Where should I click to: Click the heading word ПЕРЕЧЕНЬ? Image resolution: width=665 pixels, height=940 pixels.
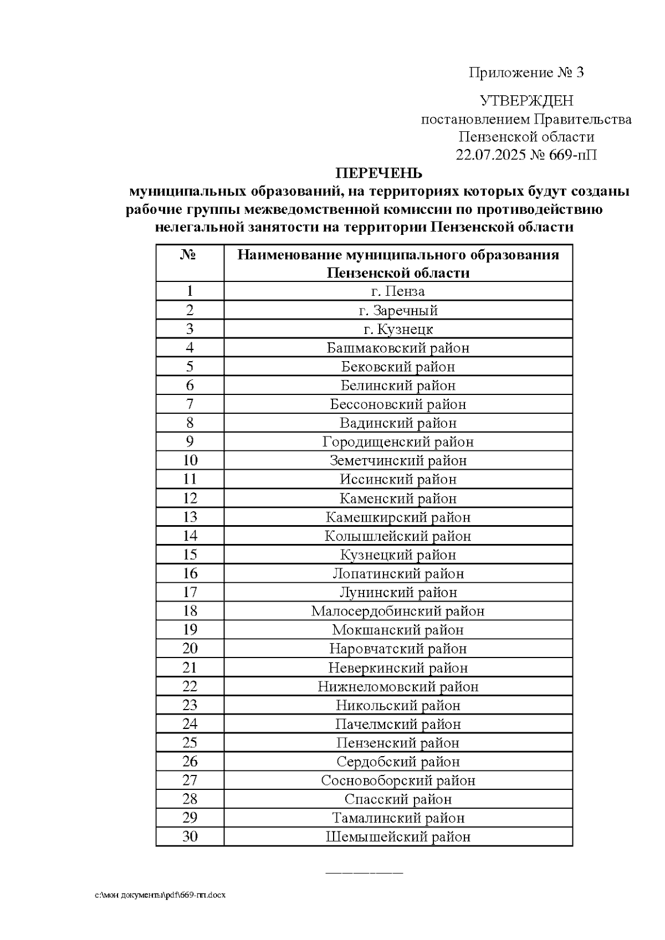click(380, 173)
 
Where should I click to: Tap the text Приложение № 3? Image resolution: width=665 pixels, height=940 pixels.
click(526, 73)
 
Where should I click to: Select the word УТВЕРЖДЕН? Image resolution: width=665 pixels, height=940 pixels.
click(526, 101)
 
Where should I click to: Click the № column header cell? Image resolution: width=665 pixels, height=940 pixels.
click(190, 263)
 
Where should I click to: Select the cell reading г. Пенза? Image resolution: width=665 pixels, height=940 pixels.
click(398, 291)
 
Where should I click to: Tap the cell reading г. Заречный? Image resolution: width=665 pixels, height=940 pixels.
click(398, 310)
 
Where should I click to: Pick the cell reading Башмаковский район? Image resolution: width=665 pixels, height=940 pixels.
click(398, 348)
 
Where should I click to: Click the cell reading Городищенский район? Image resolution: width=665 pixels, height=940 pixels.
click(398, 442)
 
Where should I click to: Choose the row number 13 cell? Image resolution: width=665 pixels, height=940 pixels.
click(190, 517)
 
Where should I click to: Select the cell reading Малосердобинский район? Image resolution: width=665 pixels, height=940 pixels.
click(398, 611)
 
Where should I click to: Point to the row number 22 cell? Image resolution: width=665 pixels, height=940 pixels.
click(190, 686)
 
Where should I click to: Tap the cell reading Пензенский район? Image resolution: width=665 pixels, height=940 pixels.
click(398, 743)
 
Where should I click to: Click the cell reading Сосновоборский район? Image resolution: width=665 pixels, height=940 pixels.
click(398, 780)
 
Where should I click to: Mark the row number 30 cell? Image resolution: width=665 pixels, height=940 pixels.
click(190, 836)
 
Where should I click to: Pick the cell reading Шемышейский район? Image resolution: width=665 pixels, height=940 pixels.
click(398, 836)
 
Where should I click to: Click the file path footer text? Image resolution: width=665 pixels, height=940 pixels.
click(160, 895)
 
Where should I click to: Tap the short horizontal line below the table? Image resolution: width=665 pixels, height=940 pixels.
click(364, 873)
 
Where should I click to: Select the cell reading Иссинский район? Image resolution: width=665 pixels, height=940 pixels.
click(398, 480)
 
